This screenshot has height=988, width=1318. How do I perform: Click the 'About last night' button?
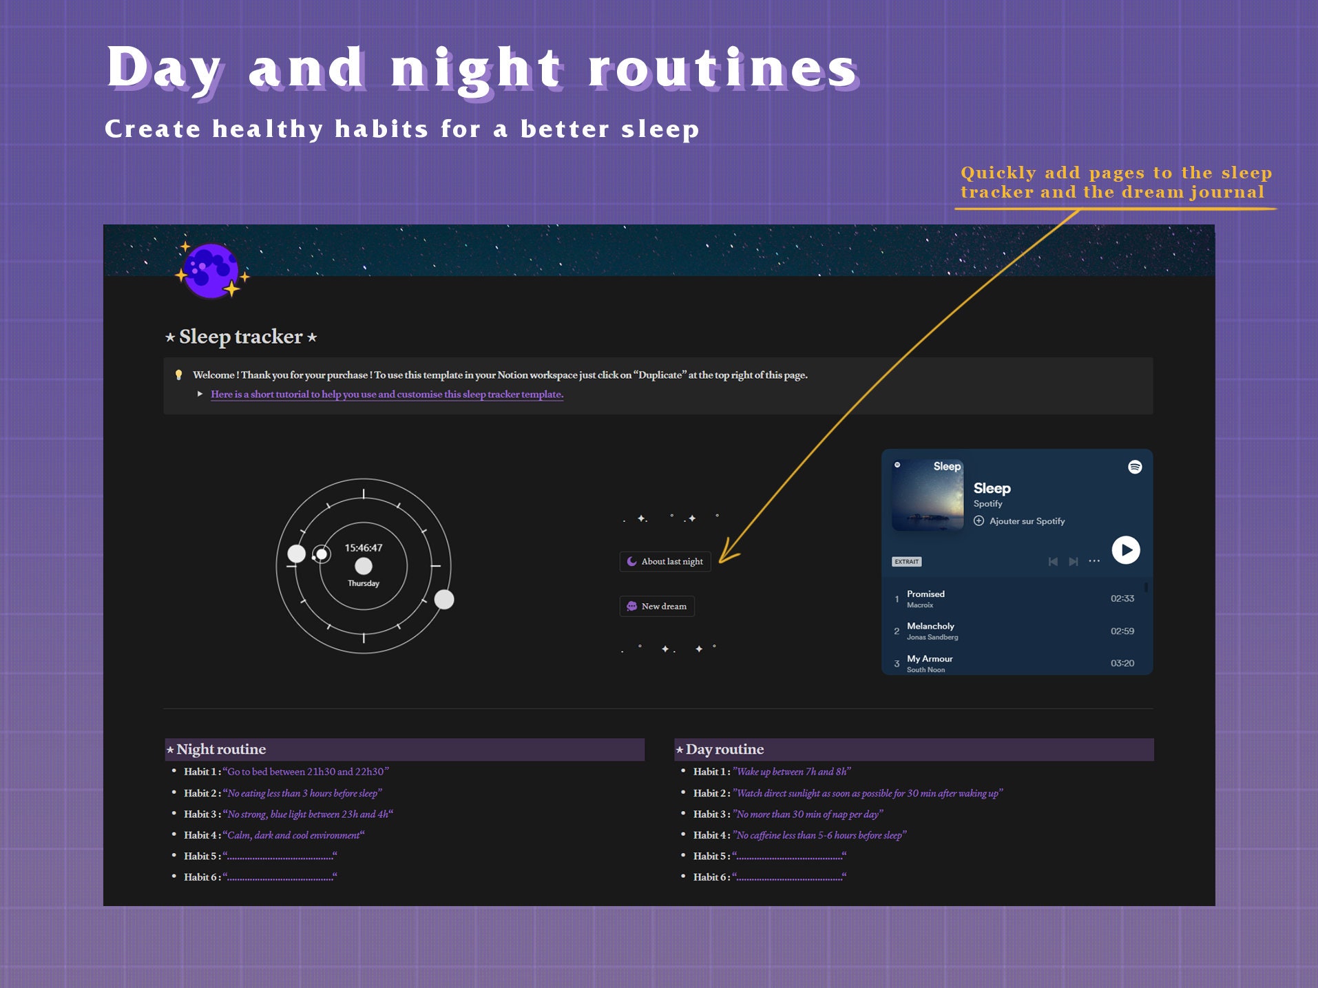(665, 562)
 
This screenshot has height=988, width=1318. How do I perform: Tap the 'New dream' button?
(657, 607)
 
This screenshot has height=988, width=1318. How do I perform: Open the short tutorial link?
(386, 395)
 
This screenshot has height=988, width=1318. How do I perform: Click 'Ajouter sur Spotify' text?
(1027, 521)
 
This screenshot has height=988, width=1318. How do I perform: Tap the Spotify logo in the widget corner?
(1135, 467)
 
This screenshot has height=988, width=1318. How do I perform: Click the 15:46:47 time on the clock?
(364, 548)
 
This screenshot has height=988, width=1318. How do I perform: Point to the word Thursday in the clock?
(364, 583)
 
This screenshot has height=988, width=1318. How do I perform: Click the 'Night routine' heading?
(221, 749)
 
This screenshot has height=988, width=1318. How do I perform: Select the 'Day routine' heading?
(724, 749)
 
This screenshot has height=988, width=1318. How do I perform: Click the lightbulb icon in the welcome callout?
(179, 375)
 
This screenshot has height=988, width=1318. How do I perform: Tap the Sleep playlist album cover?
(928, 495)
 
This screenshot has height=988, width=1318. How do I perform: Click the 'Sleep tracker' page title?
(241, 337)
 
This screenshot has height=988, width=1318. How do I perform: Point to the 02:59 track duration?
(1122, 631)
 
